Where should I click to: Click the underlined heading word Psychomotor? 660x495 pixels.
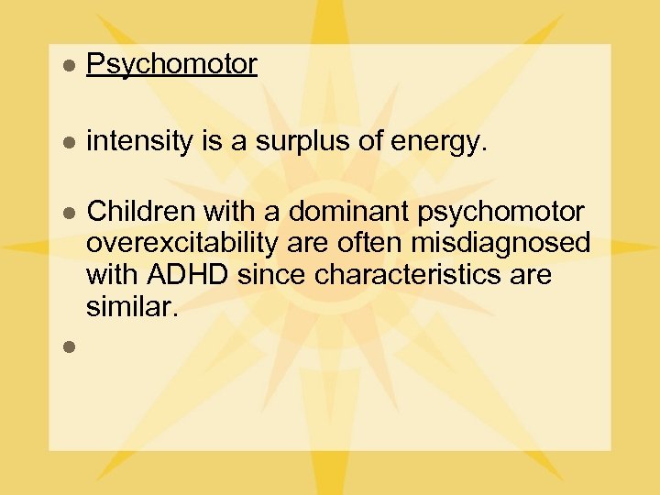pos(171,64)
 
